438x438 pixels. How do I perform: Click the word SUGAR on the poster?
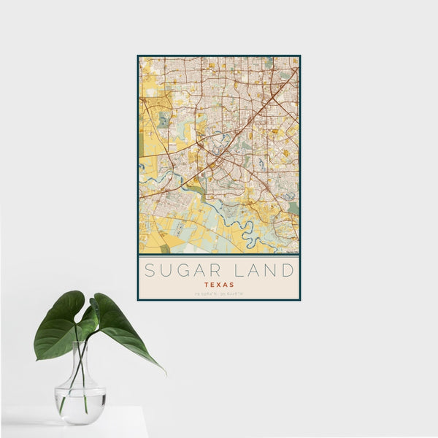[x=180, y=271]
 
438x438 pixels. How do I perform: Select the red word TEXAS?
[x=219, y=285]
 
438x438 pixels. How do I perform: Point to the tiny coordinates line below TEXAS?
[x=219, y=293]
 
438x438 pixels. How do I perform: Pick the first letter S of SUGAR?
[x=149, y=271]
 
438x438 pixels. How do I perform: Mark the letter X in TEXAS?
[x=219, y=285]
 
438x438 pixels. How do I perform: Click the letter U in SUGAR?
[x=164, y=271]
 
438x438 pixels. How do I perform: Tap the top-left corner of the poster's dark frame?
[x=138, y=56]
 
